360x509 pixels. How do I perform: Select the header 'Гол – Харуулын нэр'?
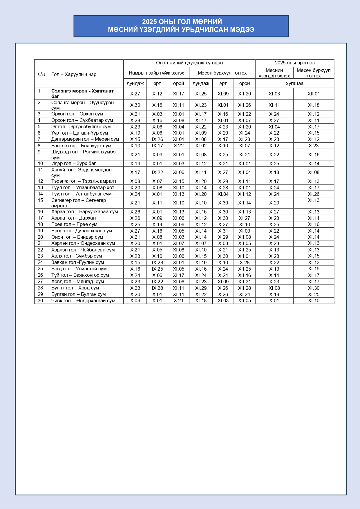74,75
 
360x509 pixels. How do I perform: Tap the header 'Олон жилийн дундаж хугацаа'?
189,63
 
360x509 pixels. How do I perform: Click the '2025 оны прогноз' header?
294,63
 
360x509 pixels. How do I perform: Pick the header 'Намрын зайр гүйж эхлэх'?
156,73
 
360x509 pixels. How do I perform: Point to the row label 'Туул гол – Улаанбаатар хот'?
83,187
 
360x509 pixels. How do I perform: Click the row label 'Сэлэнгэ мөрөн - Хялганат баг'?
82,93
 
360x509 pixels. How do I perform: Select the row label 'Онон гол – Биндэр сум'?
77,237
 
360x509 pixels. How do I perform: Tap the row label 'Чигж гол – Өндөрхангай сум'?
83,300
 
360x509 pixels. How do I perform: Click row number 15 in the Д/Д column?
41,200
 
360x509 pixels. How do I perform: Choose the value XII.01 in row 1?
313,94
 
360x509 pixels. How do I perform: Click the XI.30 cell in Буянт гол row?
313,288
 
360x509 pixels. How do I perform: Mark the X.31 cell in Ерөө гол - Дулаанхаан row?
223,231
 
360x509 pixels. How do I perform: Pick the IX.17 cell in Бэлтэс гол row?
157,146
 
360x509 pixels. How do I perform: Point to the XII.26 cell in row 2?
244,105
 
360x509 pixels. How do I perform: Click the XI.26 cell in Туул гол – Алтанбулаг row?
313,194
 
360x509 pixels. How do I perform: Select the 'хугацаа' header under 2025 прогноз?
294,84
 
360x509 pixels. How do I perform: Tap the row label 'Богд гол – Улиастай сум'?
79,269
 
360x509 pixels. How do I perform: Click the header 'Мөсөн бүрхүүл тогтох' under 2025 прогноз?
313,73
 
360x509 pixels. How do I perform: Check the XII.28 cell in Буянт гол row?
244,288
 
